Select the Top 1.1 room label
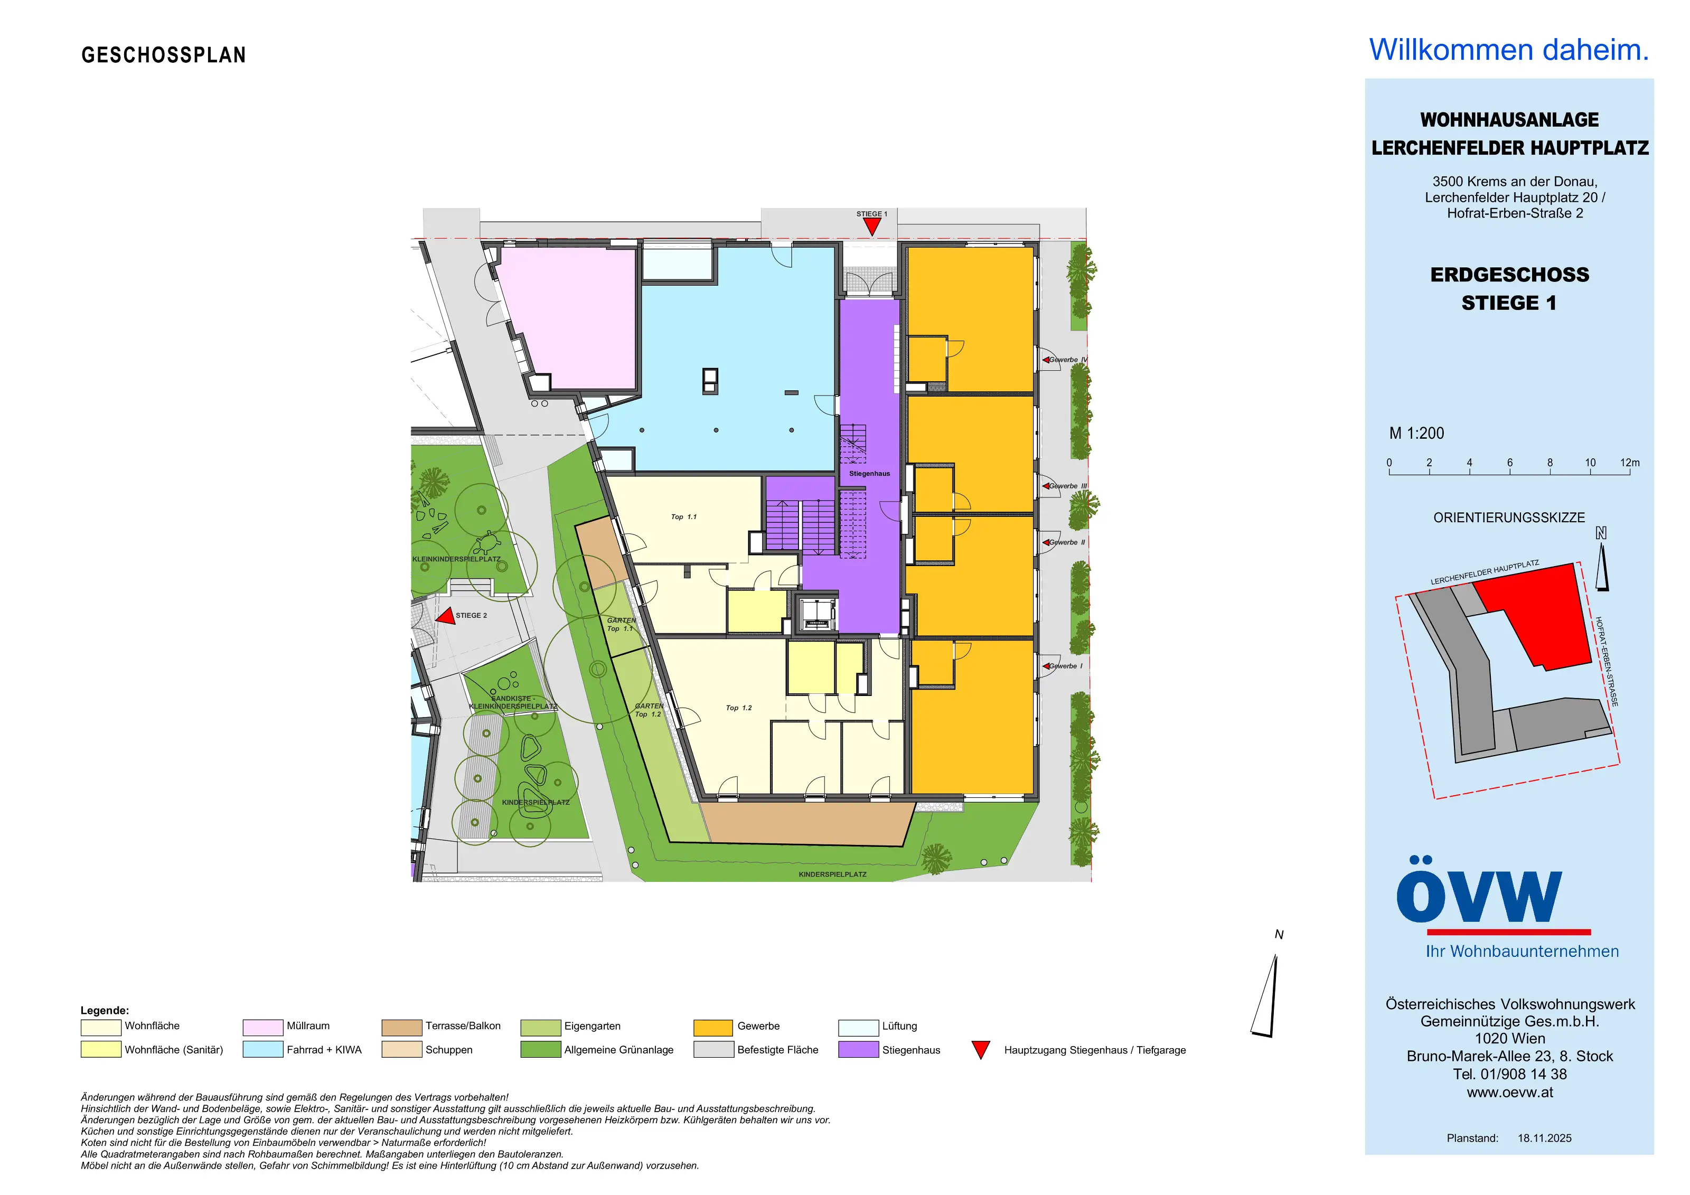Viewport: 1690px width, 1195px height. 684,517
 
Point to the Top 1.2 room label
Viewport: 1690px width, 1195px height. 739,708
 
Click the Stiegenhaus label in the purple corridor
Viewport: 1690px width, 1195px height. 869,474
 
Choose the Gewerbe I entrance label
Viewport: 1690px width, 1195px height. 1066,666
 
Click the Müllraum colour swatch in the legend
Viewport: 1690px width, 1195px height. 263,1027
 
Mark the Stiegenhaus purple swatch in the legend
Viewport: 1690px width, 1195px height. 858,1050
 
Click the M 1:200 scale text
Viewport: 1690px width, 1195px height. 1416,434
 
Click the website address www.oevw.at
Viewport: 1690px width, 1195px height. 1510,1093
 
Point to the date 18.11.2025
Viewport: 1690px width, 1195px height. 1544,1138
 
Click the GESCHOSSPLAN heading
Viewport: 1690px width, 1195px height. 163,55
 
